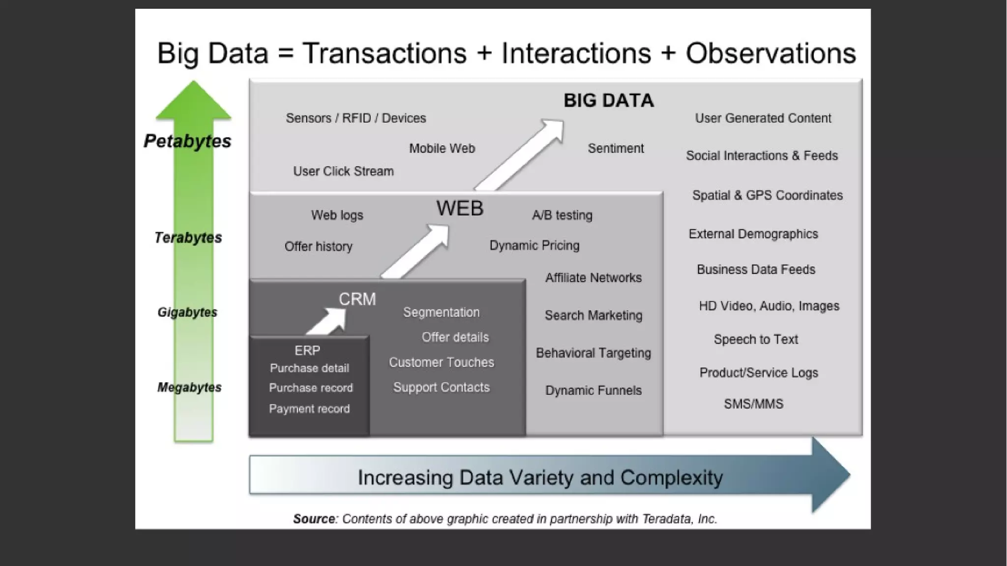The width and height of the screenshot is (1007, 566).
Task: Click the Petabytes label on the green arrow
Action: pos(187,141)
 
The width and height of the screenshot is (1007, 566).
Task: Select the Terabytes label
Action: pos(188,238)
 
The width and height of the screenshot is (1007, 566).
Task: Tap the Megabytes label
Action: pos(189,387)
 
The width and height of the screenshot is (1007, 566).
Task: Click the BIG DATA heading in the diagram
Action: pos(608,100)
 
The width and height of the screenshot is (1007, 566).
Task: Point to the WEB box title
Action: pos(460,208)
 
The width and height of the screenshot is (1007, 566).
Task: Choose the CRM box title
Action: pos(357,299)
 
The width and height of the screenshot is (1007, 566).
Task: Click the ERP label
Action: pos(307,350)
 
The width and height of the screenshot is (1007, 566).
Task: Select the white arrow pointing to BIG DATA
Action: pos(521,155)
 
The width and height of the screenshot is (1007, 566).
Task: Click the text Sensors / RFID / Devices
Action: pos(356,118)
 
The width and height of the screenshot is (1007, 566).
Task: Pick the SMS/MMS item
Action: pos(753,404)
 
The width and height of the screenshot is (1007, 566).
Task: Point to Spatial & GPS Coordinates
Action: pos(767,195)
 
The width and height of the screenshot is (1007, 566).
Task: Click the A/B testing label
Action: pos(562,215)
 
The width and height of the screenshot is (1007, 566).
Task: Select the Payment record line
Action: pos(309,409)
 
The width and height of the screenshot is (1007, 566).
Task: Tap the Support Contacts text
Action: pos(441,387)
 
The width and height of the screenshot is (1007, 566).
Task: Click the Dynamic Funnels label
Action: pos(593,390)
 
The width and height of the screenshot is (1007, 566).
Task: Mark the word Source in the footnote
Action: pos(314,519)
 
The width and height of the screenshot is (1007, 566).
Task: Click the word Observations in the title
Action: pos(770,53)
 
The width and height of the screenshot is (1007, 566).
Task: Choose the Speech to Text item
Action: pos(756,339)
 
